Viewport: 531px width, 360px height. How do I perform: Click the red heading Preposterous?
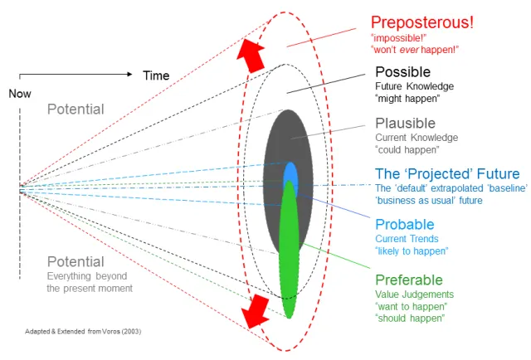[x=421, y=22]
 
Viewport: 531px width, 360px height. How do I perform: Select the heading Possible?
[x=403, y=71]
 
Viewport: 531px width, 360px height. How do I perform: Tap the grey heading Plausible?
[x=405, y=123]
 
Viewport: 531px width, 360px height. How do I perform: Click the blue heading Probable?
[x=405, y=224]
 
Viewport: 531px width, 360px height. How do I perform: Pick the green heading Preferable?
[x=409, y=280]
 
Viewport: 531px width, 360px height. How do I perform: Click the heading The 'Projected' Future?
[x=447, y=173]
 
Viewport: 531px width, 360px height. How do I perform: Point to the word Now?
[x=20, y=94]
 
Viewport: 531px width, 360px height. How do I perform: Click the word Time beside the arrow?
[x=156, y=75]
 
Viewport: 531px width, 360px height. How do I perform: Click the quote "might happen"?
[x=407, y=100]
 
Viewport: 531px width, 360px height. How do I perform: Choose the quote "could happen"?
[x=407, y=150]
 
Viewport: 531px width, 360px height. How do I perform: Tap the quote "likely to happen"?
[x=412, y=251]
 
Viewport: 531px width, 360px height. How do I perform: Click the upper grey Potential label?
[x=76, y=109]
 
